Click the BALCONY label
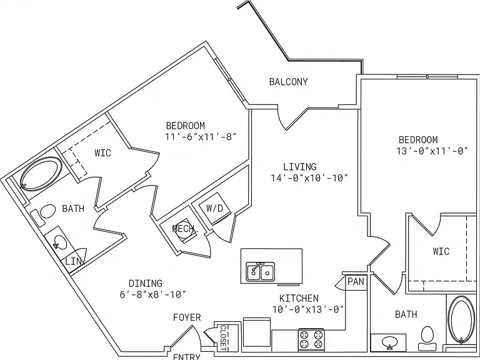(288, 82)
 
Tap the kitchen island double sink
(261, 271)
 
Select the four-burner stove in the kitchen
(311, 340)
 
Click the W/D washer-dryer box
(214, 209)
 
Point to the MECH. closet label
(185, 229)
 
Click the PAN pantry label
(356, 282)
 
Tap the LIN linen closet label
(74, 262)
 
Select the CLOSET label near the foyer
(223, 337)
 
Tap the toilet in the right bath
(427, 338)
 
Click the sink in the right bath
(390, 341)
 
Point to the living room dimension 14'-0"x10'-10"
(309, 178)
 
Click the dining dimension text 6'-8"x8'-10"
(153, 294)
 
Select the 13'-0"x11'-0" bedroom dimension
(432, 151)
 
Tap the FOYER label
(187, 317)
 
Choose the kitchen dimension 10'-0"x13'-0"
(308, 309)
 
